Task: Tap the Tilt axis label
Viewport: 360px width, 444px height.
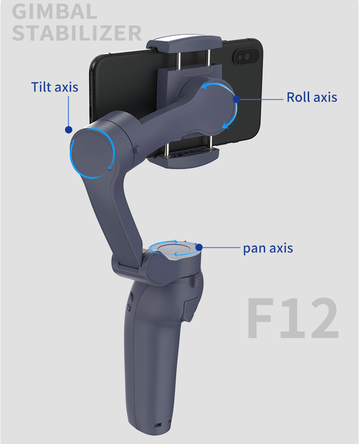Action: (55, 87)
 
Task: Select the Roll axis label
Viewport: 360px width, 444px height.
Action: (312, 97)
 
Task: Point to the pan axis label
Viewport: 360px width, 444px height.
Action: (268, 248)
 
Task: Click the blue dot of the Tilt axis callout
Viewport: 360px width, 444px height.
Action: (69, 129)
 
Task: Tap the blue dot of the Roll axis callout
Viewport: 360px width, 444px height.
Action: (237, 99)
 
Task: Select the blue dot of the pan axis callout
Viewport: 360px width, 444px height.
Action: (199, 247)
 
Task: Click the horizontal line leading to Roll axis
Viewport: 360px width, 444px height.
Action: (262, 99)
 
